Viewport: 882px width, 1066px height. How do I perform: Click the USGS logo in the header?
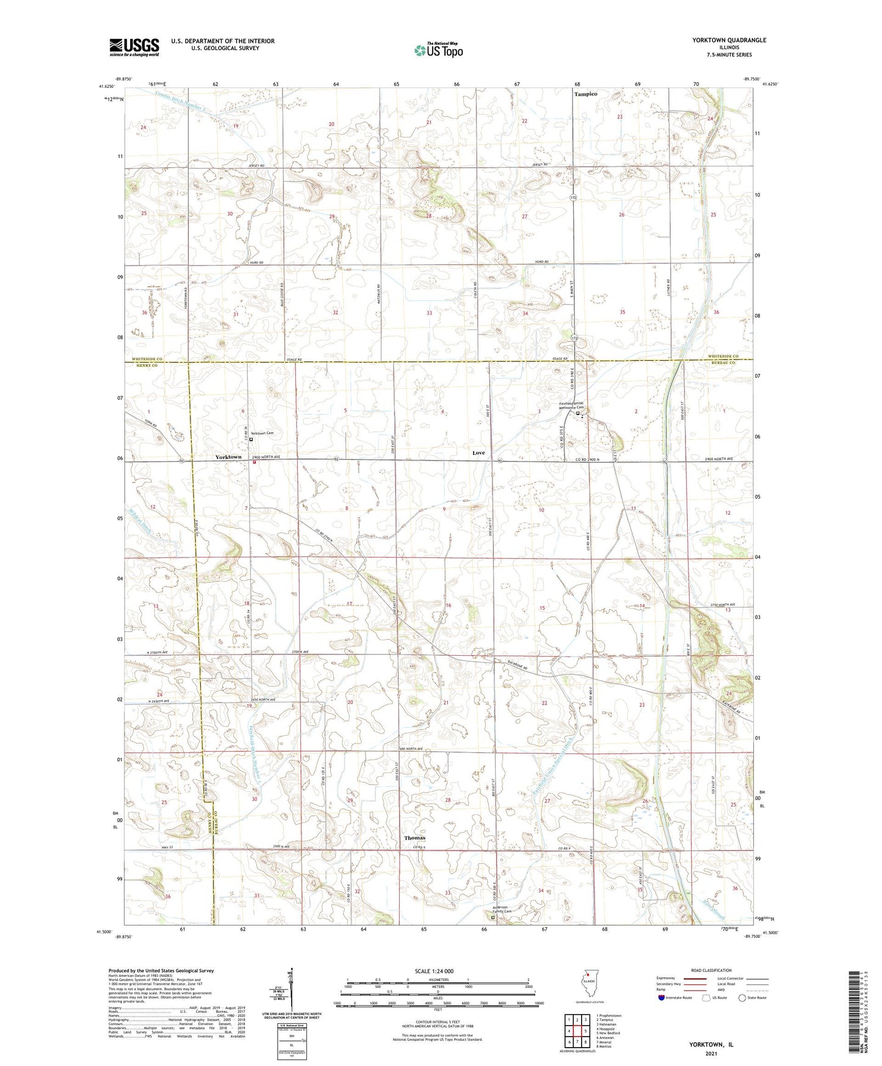click(134, 47)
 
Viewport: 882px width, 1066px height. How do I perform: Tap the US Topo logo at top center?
click(438, 50)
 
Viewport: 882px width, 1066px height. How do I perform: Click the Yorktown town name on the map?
click(228, 457)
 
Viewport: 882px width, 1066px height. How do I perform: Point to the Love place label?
click(479, 452)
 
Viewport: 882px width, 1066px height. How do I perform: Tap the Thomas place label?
click(414, 838)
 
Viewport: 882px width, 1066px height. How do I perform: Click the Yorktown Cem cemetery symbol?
click(251, 438)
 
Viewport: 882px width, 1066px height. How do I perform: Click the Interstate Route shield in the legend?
click(662, 998)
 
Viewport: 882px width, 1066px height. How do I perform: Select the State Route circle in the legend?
click(742, 998)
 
